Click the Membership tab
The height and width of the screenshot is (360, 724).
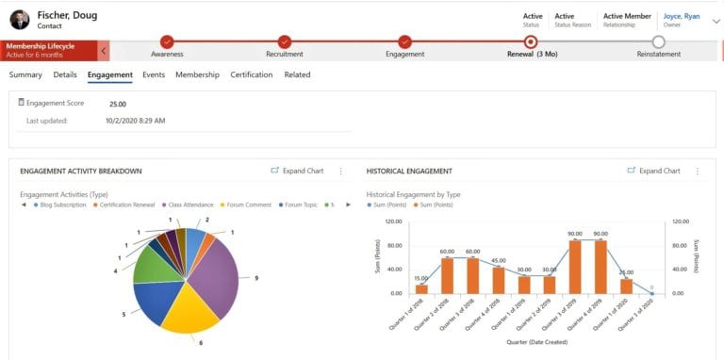pyautogui.click(x=197, y=74)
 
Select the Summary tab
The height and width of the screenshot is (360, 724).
pyautogui.click(x=25, y=74)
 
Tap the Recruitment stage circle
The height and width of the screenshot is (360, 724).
pyautogui.click(x=286, y=41)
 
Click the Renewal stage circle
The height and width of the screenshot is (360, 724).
pyautogui.click(x=531, y=41)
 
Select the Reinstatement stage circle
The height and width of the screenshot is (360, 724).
pyautogui.click(x=658, y=41)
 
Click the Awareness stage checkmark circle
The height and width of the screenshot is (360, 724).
pyautogui.click(x=167, y=41)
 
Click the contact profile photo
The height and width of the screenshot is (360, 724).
pyautogui.click(x=20, y=19)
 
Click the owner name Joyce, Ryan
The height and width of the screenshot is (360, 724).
pyautogui.click(x=682, y=16)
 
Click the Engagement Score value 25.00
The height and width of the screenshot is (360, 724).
pyautogui.click(x=118, y=104)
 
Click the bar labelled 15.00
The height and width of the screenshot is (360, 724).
pyautogui.click(x=421, y=288)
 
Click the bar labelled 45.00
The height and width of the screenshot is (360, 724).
pyautogui.click(x=498, y=280)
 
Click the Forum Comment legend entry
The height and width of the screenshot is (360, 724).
pyautogui.click(x=248, y=204)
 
